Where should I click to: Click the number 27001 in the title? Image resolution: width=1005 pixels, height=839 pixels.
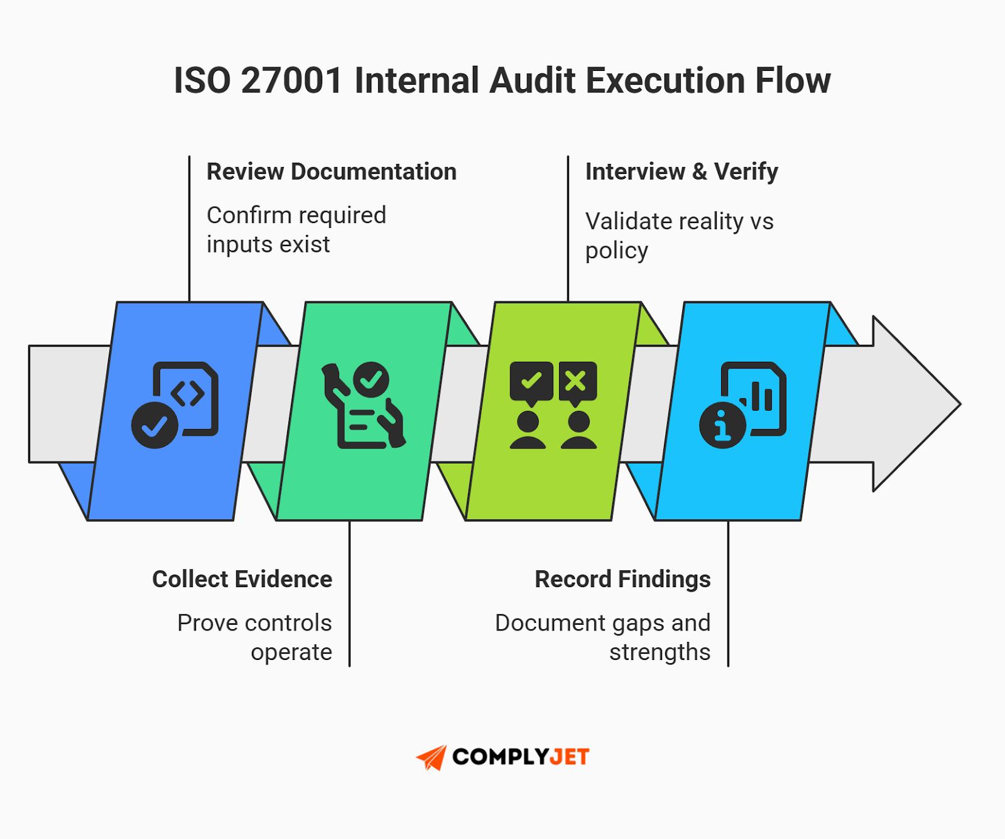pyautogui.click(x=291, y=81)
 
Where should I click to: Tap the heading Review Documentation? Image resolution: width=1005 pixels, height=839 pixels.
pyautogui.click(x=331, y=171)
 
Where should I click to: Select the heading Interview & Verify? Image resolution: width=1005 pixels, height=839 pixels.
pyautogui.click(x=681, y=171)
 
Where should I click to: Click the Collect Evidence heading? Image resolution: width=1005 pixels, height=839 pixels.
pyautogui.click(x=242, y=579)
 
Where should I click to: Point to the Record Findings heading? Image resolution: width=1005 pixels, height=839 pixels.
pyautogui.click(x=622, y=579)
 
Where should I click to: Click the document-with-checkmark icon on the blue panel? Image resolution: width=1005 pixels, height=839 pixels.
pyautogui.click(x=175, y=404)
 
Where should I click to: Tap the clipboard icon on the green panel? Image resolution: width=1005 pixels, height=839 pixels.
pyautogui.click(x=364, y=405)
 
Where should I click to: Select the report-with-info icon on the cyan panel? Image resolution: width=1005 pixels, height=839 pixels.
pyautogui.click(x=743, y=404)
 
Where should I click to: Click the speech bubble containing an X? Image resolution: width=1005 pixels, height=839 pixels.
pyautogui.click(x=577, y=382)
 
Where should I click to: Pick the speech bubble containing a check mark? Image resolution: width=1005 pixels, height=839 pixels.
pyautogui.click(x=531, y=382)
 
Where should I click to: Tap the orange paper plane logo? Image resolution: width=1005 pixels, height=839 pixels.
pyautogui.click(x=432, y=757)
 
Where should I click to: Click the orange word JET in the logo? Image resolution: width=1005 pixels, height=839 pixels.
pyautogui.click(x=569, y=757)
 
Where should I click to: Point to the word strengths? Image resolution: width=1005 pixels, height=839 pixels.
pyautogui.click(x=660, y=652)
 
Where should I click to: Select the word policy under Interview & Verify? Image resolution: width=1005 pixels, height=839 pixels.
pyautogui.click(x=616, y=251)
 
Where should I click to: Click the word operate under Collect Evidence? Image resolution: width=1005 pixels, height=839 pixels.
pyautogui.click(x=291, y=652)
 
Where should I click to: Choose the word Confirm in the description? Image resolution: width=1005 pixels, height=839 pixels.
pyautogui.click(x=241, y=215)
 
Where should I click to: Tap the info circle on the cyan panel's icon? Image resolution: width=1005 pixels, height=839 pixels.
pyautogui.click(x=722, y=425)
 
